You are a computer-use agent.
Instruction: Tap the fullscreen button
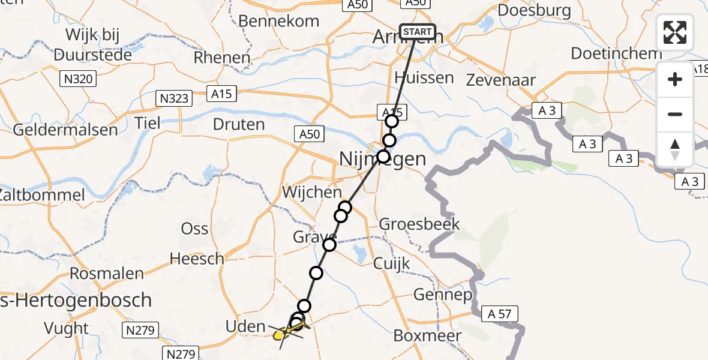click(675, 32)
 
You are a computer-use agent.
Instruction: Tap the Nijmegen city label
click(383, 160)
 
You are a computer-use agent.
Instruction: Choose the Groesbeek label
click(419, 224)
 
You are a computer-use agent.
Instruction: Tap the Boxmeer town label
click(428, 335)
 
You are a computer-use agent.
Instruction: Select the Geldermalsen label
click(65, 130)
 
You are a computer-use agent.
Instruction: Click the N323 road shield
click(173, 98)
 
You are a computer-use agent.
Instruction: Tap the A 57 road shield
click(499, 313)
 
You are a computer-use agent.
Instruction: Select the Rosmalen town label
click(107, 274)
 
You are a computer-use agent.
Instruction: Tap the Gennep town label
click(443, 295)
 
